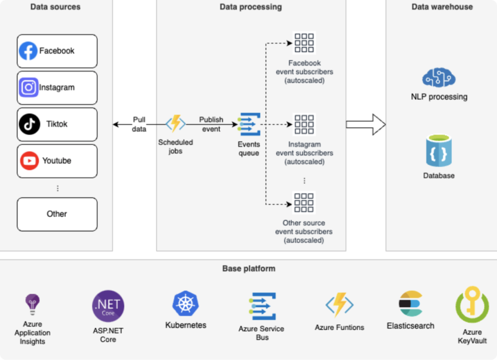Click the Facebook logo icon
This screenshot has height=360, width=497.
(x=28, y=51)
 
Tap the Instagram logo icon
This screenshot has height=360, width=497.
(x=29, y=87)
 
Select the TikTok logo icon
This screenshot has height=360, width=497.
(x=29, y=124)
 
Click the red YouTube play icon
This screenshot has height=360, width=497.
(x=29, y=161)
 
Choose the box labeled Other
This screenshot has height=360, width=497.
(x=57, y=215)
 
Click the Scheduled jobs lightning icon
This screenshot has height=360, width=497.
(x=176, y=123)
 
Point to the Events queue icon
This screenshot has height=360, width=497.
(x=249, y=124)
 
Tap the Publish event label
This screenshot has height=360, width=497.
(x=211, y=124)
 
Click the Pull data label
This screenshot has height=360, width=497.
(x=139, y=124)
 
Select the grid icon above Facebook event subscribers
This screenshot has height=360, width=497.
(x=304, y=43)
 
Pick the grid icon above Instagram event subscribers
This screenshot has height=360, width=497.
(x=304, y=124)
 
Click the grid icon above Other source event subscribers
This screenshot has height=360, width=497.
(x=304, y=203)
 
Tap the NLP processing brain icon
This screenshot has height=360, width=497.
(x=439, y=77)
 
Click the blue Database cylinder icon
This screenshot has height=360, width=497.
(x=439, y=151)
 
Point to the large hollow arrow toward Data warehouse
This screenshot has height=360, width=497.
(x=366, y=124)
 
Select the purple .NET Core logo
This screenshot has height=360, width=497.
(x=108, y=306)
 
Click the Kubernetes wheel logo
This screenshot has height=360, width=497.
(x=186, y=304)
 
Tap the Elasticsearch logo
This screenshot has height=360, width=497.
(x=411, y=304)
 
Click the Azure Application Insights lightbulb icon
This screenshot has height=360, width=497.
(x=32, y=304)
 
